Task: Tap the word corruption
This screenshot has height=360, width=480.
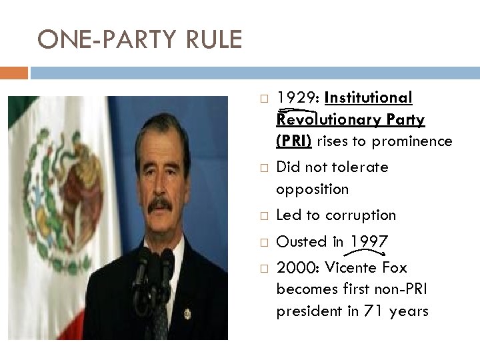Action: (x=363, y=215)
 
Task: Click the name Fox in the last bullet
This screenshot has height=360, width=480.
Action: (x=393, y=267)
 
